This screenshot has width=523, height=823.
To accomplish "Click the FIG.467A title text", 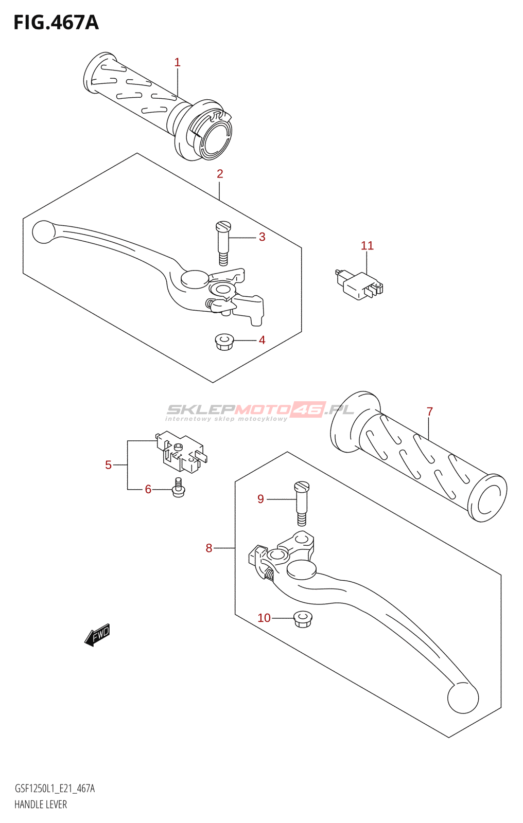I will coord(56,23).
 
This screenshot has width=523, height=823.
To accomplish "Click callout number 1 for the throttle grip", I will coord(177,62).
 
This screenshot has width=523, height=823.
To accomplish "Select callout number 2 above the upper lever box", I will coord(220,174).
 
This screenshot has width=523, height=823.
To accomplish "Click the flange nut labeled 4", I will coord(223,342).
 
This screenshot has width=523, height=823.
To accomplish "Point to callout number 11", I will coord(367,246).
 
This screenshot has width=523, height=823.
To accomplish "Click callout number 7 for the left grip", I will coord(429,411).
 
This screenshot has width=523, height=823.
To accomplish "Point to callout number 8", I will coord(208,548).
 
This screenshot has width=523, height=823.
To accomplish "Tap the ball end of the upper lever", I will coord(43,232).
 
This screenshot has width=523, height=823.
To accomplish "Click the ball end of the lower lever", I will coord(463,698).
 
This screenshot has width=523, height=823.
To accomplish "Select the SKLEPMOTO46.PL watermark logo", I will coord(260,410).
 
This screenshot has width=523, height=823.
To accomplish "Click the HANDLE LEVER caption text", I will coord(41,804).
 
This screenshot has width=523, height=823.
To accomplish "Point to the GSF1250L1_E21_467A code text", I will coord(55,789).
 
